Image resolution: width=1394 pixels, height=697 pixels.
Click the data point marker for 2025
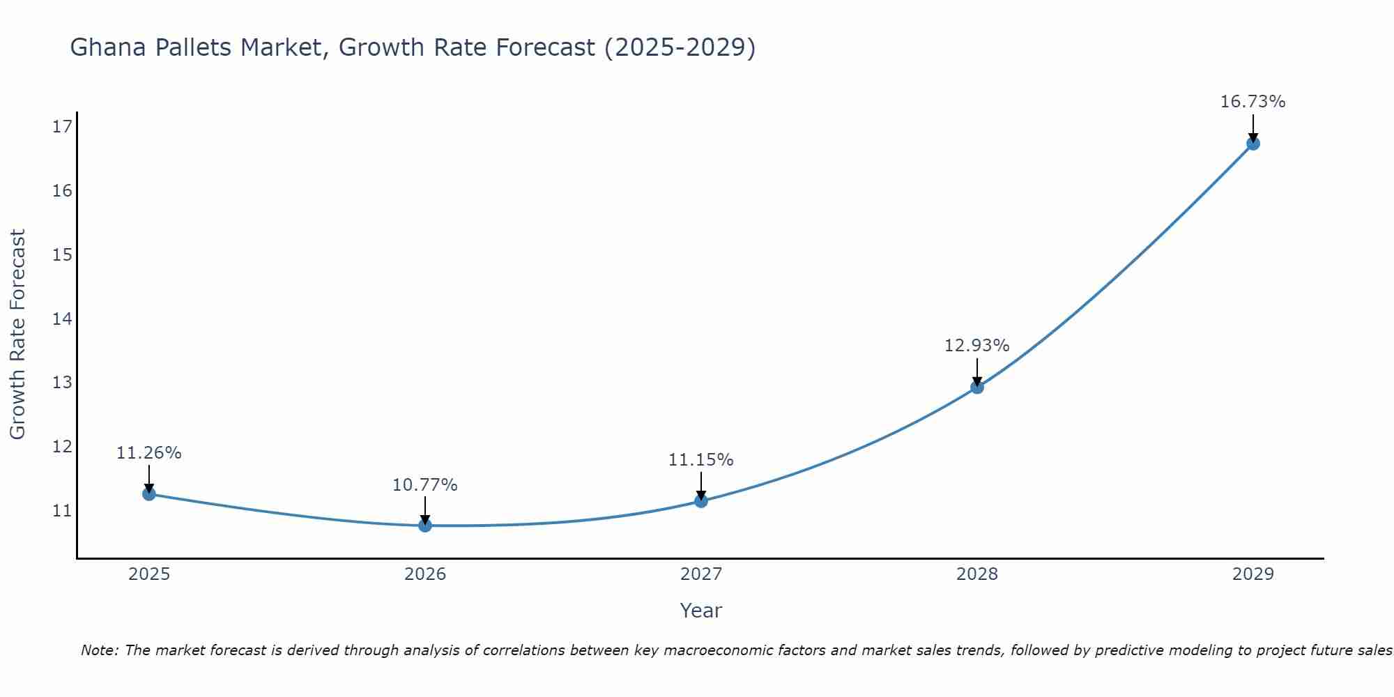coord(148,493)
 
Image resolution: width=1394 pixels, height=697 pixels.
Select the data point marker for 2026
coord(424,525)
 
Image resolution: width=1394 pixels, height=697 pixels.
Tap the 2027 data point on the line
coord(700,500)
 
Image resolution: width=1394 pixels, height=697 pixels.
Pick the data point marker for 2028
coord(976,387)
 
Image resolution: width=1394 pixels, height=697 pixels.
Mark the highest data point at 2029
coord(1253,144)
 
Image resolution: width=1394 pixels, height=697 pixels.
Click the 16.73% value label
coord(1253,102)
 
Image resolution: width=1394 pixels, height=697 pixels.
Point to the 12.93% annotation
coord(976,346)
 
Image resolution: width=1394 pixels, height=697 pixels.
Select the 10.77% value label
coord(424,485)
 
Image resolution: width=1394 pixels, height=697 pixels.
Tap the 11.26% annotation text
coord(148,453)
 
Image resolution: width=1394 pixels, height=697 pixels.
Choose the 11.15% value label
coord(700,460)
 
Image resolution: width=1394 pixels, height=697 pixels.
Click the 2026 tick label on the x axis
coord(424,574)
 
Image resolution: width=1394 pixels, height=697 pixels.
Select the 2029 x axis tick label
coord(1253,574)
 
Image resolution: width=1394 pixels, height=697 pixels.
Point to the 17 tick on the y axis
coord(62,126)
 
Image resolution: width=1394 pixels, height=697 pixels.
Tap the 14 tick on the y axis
coord(62,319)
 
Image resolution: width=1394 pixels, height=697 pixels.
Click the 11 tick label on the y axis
coord(62,511)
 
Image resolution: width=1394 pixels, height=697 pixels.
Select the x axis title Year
coord(700,611)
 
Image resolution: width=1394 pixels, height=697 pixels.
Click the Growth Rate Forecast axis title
coord(17,335)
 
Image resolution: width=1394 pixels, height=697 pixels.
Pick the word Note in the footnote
coord(100,651)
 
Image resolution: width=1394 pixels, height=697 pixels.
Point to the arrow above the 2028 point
coord(976,372)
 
